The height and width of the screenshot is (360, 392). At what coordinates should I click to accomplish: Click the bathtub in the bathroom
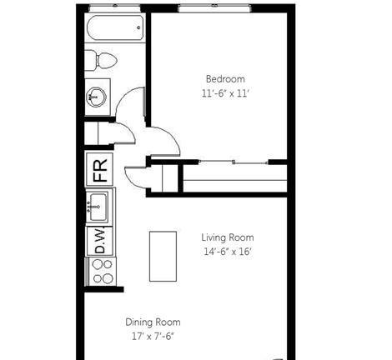tap(115, 28)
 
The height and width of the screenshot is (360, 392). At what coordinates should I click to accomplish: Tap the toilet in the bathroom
tap(101, 60)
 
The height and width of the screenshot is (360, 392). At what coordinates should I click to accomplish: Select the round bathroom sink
tap(96, 97)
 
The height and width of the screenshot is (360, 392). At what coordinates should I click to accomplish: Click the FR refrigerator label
tap(100, 170)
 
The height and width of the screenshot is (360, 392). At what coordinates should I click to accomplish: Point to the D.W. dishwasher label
tap(100, 241)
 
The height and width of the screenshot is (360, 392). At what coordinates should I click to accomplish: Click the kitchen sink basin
tap(98, 207)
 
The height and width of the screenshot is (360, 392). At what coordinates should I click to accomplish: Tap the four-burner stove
tap(101, 272)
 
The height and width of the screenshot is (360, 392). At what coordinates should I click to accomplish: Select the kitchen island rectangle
tap(163, 257)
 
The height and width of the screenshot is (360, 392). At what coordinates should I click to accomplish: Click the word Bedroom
tap(225, 79)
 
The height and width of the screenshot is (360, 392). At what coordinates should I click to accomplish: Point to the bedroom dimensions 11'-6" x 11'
tap(224, 93)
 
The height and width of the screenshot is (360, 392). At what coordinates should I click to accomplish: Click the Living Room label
tap(228, 237)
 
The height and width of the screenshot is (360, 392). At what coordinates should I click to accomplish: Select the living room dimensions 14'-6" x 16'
tap(228, 252)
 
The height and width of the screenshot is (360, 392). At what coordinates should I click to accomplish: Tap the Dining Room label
tap(153, 322)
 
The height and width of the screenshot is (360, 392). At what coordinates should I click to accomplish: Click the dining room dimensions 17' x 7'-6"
tap(153, 337)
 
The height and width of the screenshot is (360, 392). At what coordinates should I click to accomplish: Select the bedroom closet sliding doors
tap(234, 162)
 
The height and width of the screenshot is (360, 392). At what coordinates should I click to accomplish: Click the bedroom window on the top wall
tap(214, 8)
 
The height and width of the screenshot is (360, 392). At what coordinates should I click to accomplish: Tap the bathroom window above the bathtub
tap(114, 8)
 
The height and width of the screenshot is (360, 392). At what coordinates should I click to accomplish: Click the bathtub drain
tap(138, 27)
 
